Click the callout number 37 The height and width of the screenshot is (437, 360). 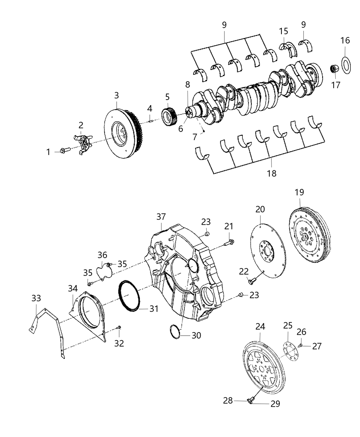pyautogui.click(x=161, y=217)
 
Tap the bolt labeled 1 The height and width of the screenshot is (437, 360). pyautogui.click(x=64, y=150)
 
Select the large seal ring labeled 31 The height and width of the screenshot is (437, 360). pyautogui.click(x=130, y=296)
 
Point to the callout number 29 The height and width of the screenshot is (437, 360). pyautogui.click(x=275, y=404)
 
